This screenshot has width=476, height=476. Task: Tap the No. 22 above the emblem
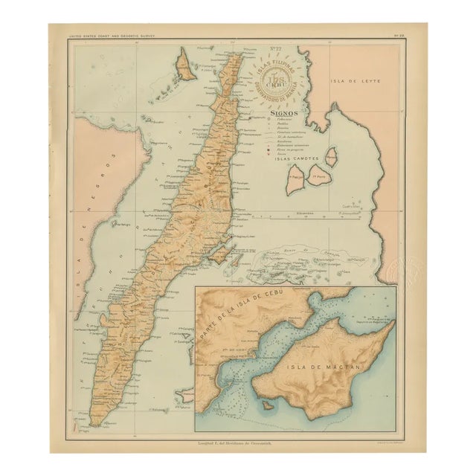click(274, 50)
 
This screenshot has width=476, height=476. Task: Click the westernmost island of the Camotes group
click(295, 179)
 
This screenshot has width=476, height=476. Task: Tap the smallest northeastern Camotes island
click(332, 156)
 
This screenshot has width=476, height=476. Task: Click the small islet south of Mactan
click(263, 405)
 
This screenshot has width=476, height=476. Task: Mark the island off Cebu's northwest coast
click(185, 65)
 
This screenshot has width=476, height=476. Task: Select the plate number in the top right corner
click(399, 36)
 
